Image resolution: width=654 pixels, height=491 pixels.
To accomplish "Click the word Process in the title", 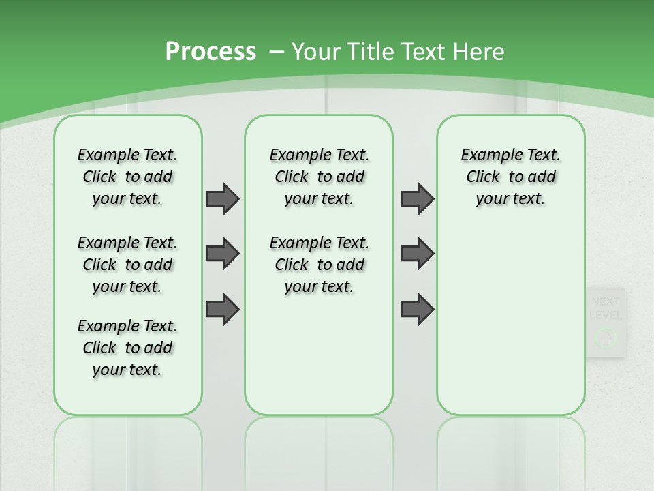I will (211, 52).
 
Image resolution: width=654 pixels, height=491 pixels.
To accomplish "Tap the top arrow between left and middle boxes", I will (223, 199).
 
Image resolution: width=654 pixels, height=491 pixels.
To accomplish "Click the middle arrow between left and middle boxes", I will (223, 254).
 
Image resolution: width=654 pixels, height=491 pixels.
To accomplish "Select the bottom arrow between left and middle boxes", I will (223, 309).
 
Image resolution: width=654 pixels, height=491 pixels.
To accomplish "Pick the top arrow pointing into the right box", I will (417, 199).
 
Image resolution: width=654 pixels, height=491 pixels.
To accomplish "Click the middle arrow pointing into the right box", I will (417, 254).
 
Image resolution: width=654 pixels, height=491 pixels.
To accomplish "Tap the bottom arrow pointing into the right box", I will (417, 309).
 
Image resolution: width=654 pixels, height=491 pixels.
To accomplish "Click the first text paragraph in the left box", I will (127, 177).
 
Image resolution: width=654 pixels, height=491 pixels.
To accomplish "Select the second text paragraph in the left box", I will (127, 265).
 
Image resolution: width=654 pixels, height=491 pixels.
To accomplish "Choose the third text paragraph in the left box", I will (127, 348).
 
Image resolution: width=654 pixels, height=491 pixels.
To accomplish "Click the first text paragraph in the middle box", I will (319, 177).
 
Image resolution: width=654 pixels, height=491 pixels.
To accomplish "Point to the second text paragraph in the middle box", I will (319, 265).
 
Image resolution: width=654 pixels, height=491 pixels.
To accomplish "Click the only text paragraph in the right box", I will (510, 177).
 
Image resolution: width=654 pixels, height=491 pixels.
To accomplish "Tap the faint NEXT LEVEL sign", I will (605, 308).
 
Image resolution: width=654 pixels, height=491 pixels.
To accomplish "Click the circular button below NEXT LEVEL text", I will (606, 337).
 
